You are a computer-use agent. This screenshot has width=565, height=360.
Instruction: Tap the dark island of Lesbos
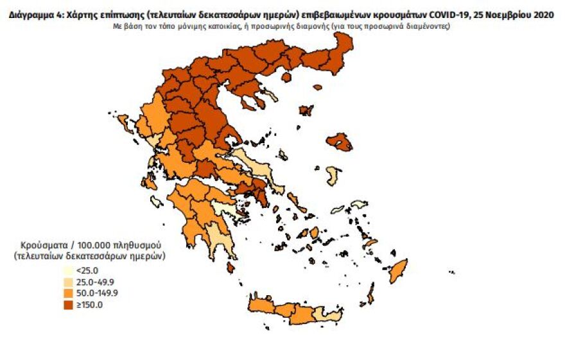(x=339, y=142)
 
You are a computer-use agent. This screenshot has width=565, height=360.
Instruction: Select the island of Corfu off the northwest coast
(x=126, y=123)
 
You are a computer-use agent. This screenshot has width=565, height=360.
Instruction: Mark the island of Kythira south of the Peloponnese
(x=230, y=266)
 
